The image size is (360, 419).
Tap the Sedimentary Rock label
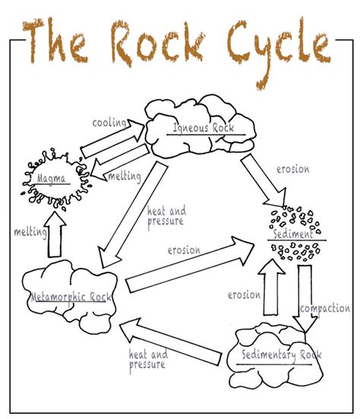tap(275, 354)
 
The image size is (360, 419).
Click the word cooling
tap(109, 121)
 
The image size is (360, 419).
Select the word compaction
tap(324, 308)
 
